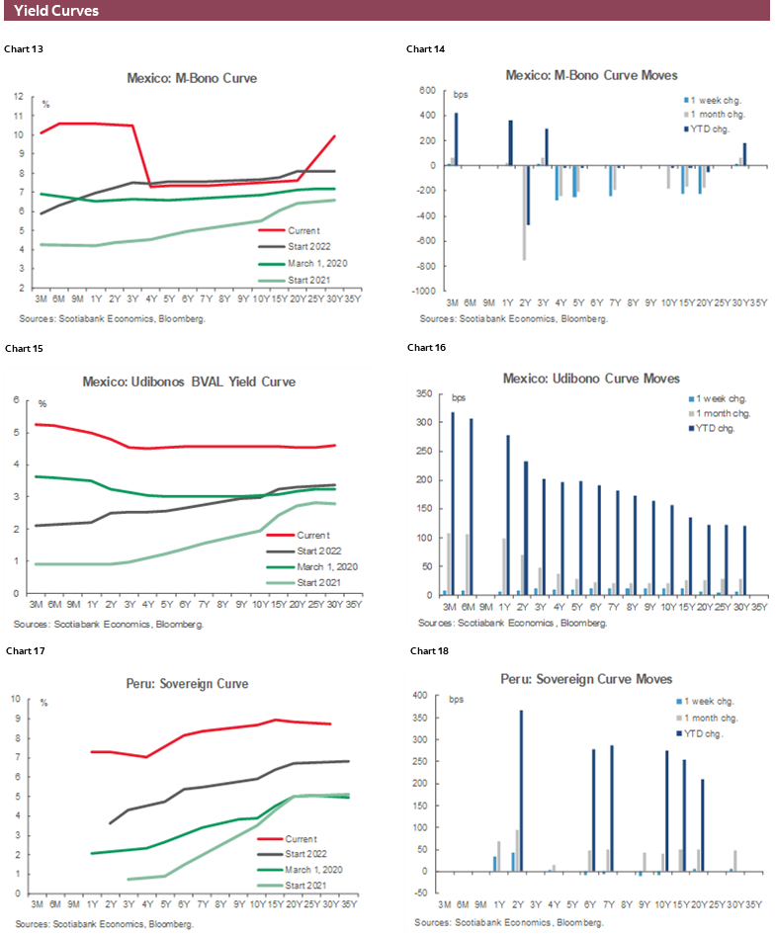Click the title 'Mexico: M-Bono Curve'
pyautogui.click(x=192, y=78)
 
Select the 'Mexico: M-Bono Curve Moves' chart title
pyautogui.click(x=591, y=75)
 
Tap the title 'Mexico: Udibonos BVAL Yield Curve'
pyautogui.click(x=192, y=382)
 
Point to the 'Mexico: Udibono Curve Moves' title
pyautogui.click(x=591, y=379)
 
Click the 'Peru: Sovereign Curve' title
pyautogui.click(x=192, y=683)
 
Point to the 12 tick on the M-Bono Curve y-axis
pyautogui.click(x=19, y=97)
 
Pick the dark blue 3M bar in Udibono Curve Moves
pyautogui.click(x=453, y=503)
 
